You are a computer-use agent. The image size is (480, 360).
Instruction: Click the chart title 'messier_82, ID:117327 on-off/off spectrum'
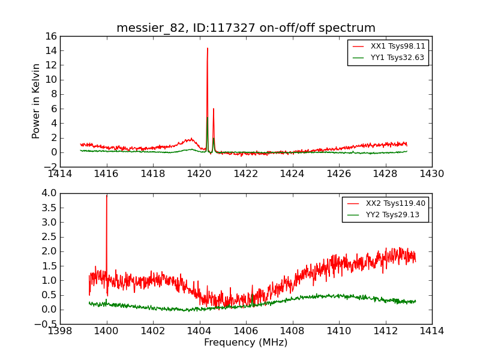click(x=246, y=28)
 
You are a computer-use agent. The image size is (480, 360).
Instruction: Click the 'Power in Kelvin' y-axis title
click(x=37, y=101)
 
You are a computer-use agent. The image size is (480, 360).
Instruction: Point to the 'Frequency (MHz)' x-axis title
click(x=246, y=343)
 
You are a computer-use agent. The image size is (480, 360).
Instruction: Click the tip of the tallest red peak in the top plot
click(x=208, y=49)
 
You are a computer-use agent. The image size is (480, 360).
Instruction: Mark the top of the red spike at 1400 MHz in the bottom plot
click(x=107, y=196)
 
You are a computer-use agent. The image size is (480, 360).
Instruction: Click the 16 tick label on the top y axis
click(x=50, y=36)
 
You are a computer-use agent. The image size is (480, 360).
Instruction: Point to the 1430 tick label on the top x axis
click(x=431, y=174)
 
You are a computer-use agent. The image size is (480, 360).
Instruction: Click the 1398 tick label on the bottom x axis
click(x=60, y=331)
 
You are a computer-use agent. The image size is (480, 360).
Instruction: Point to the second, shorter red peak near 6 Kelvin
click(x=214, y=109)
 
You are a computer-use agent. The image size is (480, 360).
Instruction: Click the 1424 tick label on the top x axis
click(x=292, y=174)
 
